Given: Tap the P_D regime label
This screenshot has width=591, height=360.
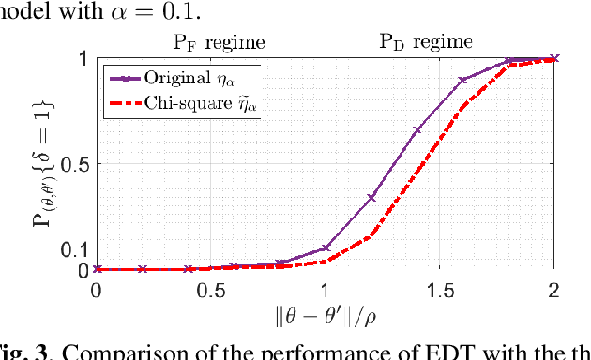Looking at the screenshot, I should [x=425, y=42].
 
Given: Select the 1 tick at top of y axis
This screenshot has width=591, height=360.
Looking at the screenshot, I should [x=83, y=58].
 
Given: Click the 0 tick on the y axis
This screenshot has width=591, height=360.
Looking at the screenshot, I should [x=83, y=270].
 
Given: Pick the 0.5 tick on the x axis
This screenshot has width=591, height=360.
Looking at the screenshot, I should [x=209, y=290].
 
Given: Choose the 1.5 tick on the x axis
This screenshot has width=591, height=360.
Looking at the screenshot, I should [x=439, y=290].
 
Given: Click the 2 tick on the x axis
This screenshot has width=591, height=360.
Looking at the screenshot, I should [x=553, y=290].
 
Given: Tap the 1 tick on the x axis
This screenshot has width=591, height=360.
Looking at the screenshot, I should [x=325, y=290].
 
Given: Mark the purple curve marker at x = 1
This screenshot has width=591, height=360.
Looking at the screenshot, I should [x=325, y=248].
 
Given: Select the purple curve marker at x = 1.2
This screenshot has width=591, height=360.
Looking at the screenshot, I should [x=371, y=198].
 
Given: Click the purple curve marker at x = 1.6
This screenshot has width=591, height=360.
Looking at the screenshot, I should [x=462, y=81].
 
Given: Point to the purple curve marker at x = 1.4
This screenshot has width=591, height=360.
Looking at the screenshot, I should [x=417, y=129].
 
